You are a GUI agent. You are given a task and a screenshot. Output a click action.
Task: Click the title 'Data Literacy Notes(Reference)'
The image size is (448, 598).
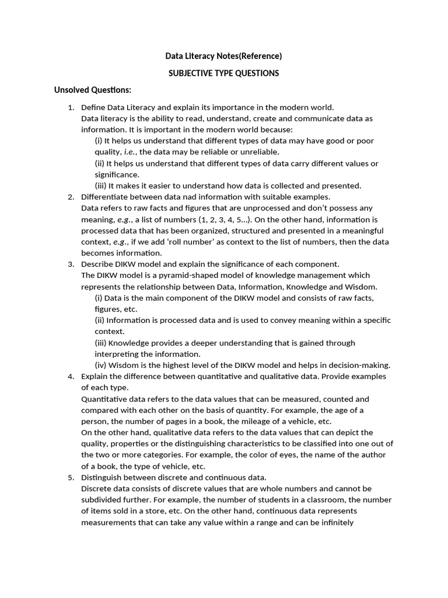point(223,56)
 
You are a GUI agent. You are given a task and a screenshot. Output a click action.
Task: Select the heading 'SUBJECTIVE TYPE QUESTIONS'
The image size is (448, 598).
point(223,73)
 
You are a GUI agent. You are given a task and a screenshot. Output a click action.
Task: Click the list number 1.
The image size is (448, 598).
point(71,107)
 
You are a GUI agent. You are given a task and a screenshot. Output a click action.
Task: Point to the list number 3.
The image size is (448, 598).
point(71,264)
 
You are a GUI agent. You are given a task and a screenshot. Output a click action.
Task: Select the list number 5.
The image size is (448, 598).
point(71,477)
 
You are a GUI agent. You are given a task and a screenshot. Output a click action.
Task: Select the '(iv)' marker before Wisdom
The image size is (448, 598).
point(100,365)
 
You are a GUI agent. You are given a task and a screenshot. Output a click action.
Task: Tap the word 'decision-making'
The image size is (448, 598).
point(361,365)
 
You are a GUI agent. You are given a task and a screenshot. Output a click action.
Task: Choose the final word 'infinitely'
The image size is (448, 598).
point(335,522)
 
